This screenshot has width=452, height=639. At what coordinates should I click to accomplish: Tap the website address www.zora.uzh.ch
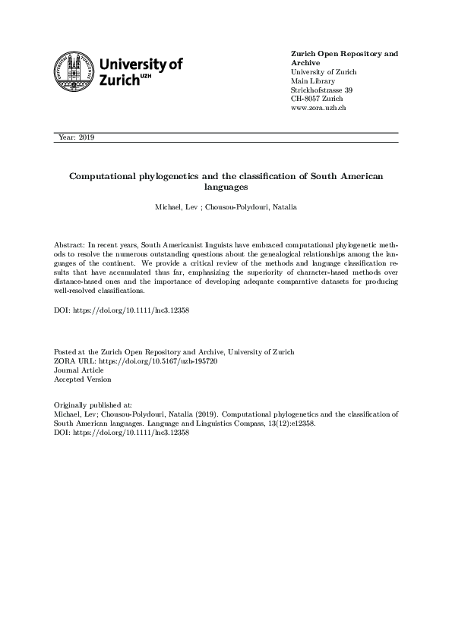click(x=319, y=109)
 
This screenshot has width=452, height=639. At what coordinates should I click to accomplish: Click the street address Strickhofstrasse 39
click(x=321, y=90)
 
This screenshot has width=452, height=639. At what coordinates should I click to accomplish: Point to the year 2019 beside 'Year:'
click(x=85, y=137)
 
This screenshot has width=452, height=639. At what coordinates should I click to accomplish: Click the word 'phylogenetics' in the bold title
click(x=166, y=175)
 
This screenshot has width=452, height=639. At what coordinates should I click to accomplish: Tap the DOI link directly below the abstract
click(x=134, y=312)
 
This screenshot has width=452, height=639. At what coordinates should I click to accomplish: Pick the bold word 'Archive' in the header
click(x=306, y=63)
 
